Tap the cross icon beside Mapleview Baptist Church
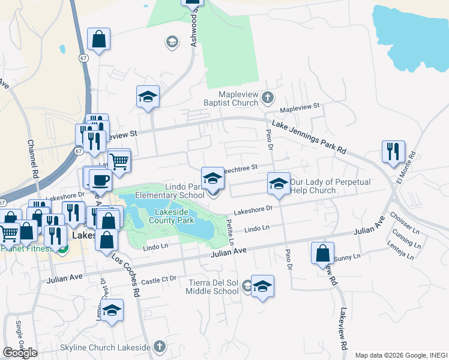268,97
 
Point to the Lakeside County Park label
175,216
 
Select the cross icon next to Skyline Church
159,346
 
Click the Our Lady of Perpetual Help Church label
330,186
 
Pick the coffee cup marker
100,179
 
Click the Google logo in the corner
20,353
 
